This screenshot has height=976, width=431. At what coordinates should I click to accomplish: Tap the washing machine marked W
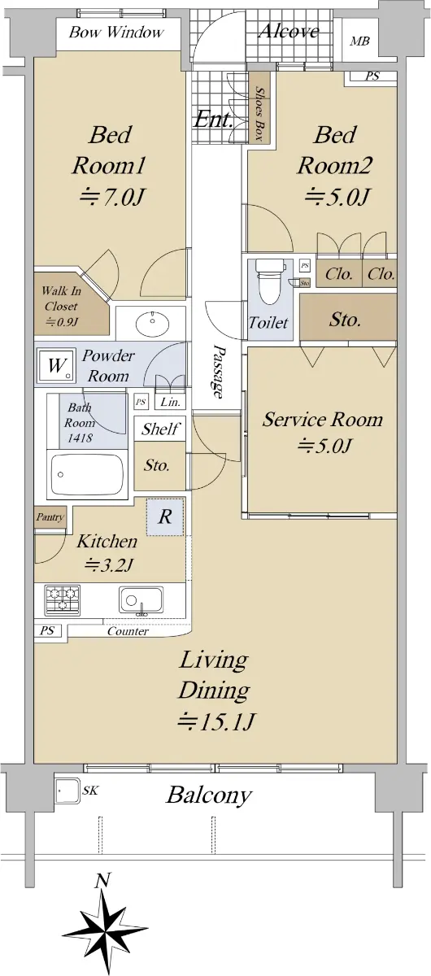pyautogui.click(x=56, y=365)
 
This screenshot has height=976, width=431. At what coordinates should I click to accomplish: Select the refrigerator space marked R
pyautogui.click(x=165, y=516)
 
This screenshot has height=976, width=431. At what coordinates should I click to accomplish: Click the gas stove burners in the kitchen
pyautogui.click(x=63, y=599)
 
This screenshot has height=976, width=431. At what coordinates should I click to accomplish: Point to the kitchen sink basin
pyautogui.click(x=141, y=600)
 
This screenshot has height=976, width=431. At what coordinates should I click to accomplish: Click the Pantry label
pyautogui.click(x=50, y=517)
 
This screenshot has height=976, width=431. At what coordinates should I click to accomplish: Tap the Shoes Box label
pyautogui.click(x=259, y=113)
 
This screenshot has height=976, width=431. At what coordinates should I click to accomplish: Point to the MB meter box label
pyautogui.click(x=360, y=41)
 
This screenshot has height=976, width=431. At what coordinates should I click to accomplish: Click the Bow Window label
pyautogui.click(x=116, y=33)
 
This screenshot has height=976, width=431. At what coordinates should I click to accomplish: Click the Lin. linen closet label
pyautogui.click(x=170, y=402)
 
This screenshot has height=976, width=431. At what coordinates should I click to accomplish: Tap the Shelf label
pyautogui.click(x=160, y=429)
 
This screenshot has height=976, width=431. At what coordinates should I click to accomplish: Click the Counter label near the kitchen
pyautogui.click(x=128, y=631)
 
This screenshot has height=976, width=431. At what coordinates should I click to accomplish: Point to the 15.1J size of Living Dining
pyautogui.click(x=215, y=721)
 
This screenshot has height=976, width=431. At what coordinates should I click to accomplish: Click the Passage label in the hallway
pyautogui.click(x=219, y=372)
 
